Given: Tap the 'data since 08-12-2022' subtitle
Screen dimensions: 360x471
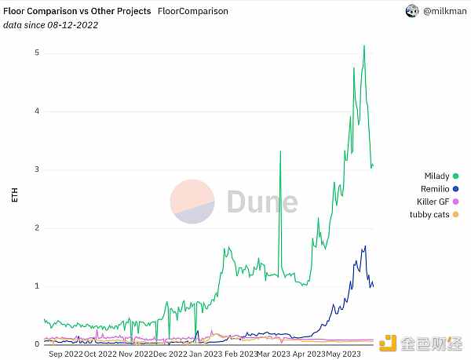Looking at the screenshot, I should tap(51, 25).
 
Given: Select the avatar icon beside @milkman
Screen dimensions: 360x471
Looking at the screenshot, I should tap(411, 11).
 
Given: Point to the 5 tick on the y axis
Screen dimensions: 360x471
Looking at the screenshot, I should tap(37, 53).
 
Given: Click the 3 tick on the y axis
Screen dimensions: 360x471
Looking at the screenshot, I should tap(37, 169).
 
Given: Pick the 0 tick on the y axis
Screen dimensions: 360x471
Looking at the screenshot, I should tap(37, 344).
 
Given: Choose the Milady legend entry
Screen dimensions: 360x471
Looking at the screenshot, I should tap(436, 176).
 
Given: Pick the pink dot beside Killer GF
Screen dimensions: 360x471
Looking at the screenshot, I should tap(455, 202).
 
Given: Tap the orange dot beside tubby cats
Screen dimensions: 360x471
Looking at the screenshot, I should tap(455, 214).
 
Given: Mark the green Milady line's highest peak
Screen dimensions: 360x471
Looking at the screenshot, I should tap(364, 45).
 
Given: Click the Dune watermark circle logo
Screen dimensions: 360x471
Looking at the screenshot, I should tap(192, 201).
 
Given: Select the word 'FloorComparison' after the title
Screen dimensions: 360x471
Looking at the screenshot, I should tap(193, 12).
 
